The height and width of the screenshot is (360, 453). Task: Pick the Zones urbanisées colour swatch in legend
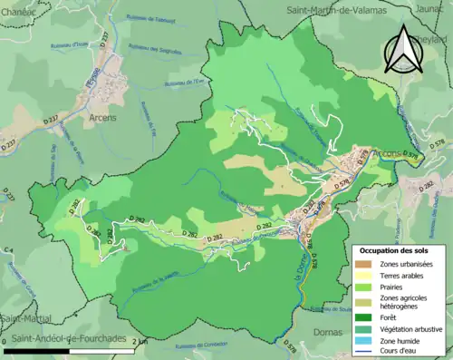(364, 263)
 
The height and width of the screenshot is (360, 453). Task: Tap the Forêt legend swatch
(364, 317)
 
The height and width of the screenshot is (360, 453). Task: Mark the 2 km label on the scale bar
(140, 341)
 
